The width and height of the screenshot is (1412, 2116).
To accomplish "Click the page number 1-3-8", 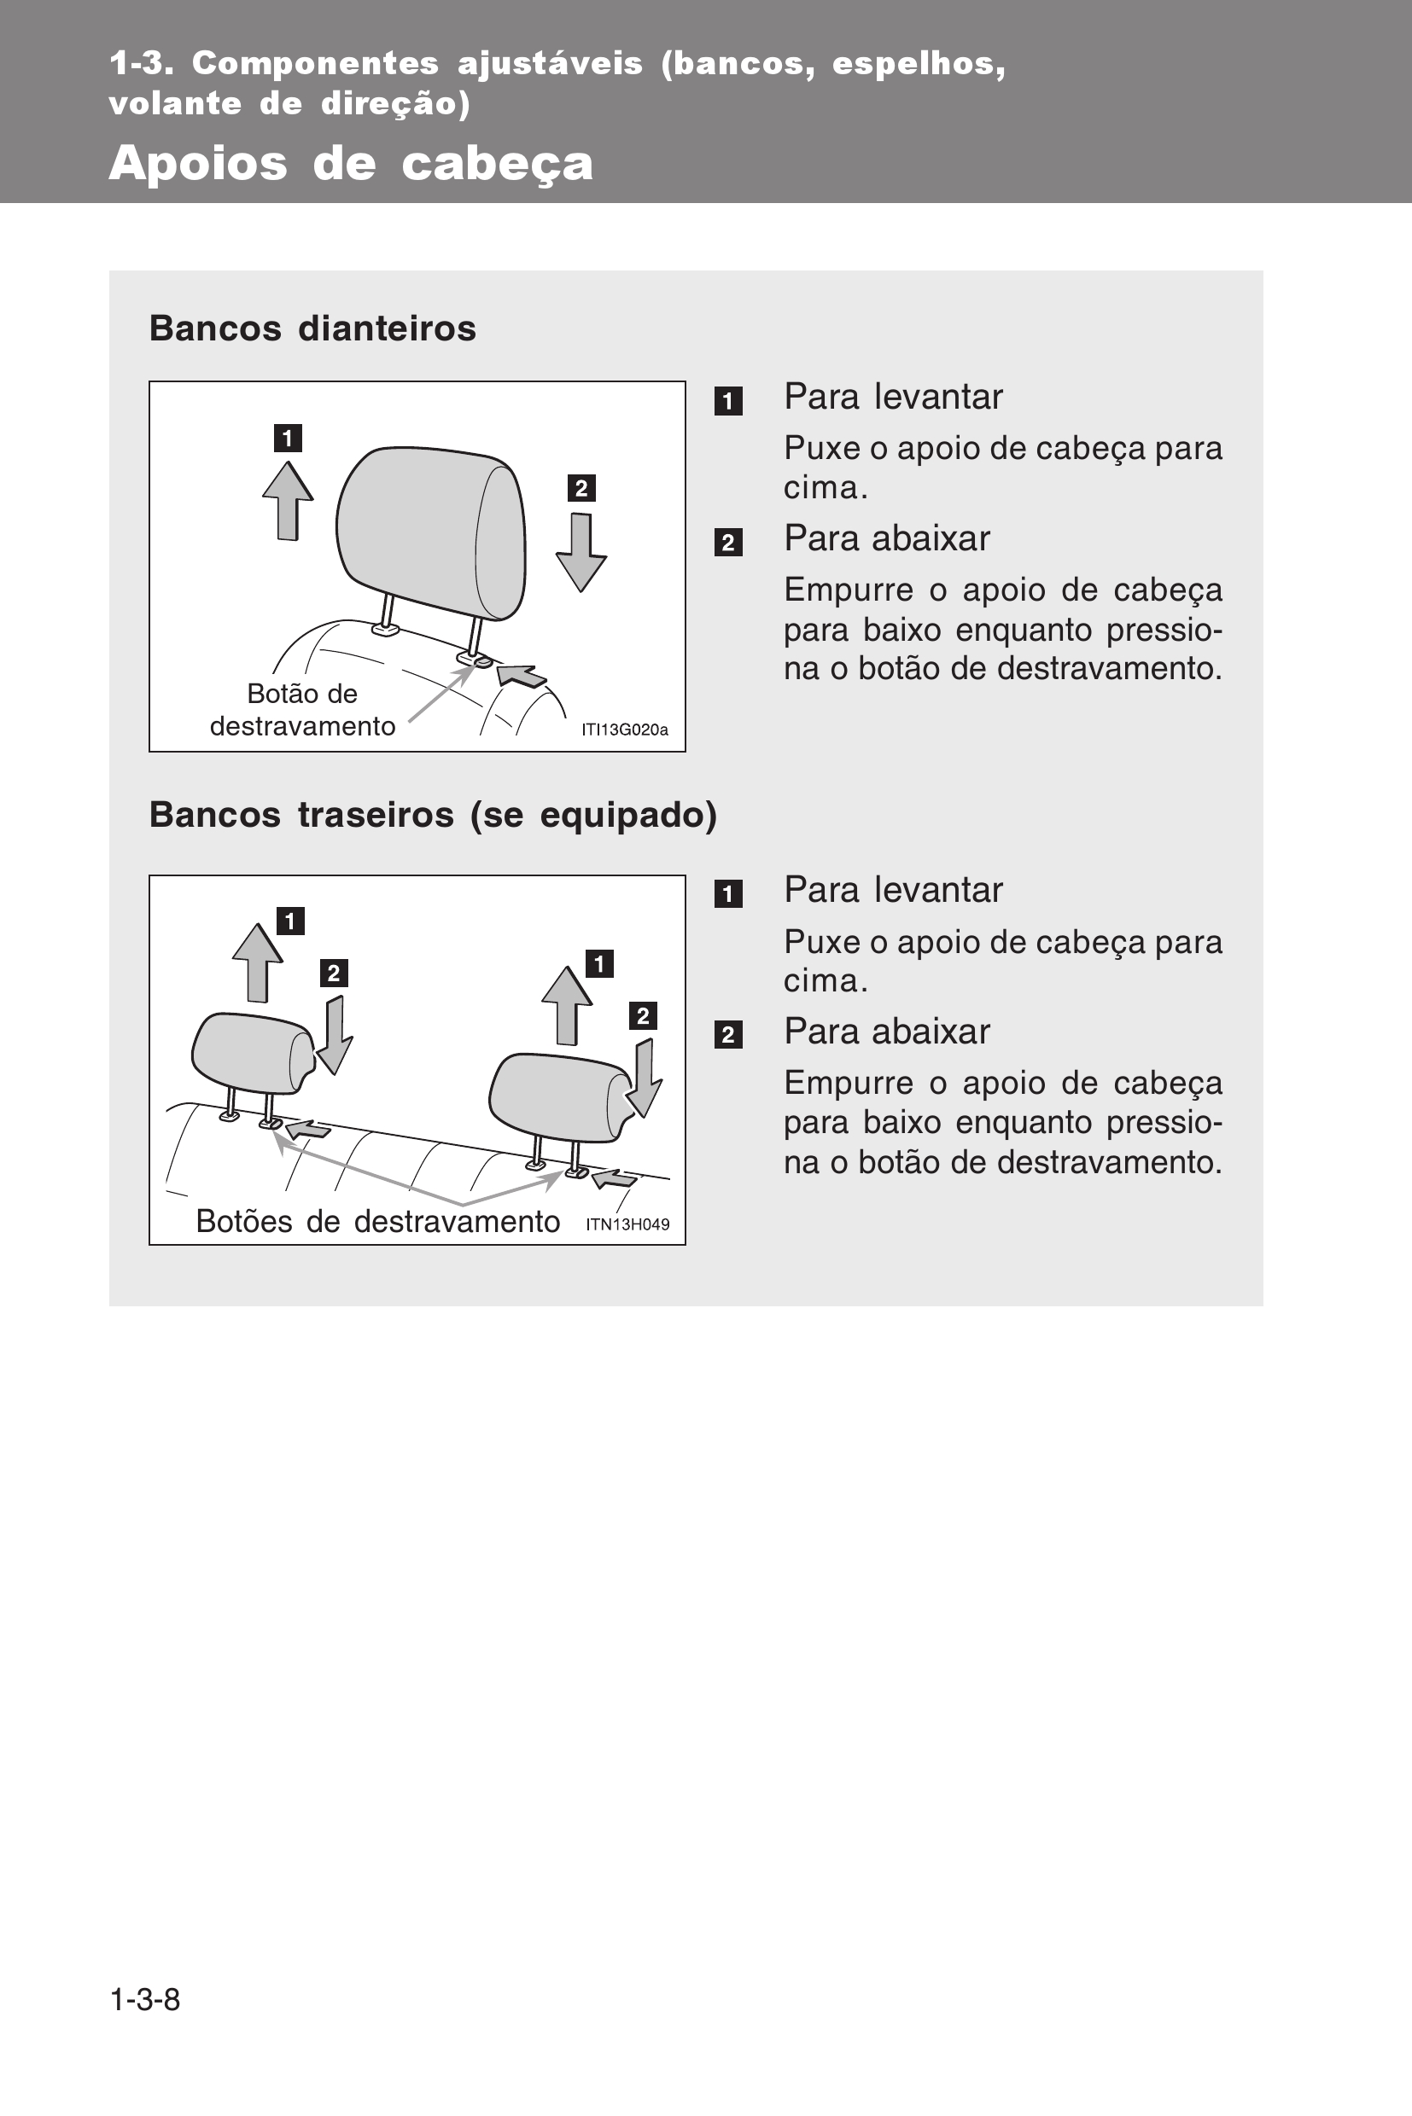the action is (145, 1999).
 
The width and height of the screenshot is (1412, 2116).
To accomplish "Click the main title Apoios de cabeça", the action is (350, 164).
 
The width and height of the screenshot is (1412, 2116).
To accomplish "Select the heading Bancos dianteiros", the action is (312, 328).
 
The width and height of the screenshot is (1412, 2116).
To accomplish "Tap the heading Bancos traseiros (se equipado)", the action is (433, 816).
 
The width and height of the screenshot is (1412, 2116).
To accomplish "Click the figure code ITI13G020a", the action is (624, 730).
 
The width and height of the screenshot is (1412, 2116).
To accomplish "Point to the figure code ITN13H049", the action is (627, 1224).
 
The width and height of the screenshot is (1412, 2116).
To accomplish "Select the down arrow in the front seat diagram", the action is (581, 552).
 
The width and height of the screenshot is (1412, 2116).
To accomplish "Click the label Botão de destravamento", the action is (302, 710).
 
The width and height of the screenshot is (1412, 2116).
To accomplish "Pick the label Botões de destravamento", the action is (377, 1221).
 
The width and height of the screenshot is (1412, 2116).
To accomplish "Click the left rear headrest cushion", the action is (253, 1052).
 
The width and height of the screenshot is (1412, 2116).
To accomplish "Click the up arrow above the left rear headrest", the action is (258, 963).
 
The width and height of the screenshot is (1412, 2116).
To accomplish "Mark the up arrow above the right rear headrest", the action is (566, 1005).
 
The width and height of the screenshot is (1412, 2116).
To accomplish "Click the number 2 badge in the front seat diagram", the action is (581, 488).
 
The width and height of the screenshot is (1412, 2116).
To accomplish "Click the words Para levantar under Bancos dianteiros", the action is (893, 397).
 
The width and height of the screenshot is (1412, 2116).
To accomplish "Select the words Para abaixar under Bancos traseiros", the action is (887, 1032).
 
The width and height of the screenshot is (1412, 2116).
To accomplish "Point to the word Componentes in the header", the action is (315, 64).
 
